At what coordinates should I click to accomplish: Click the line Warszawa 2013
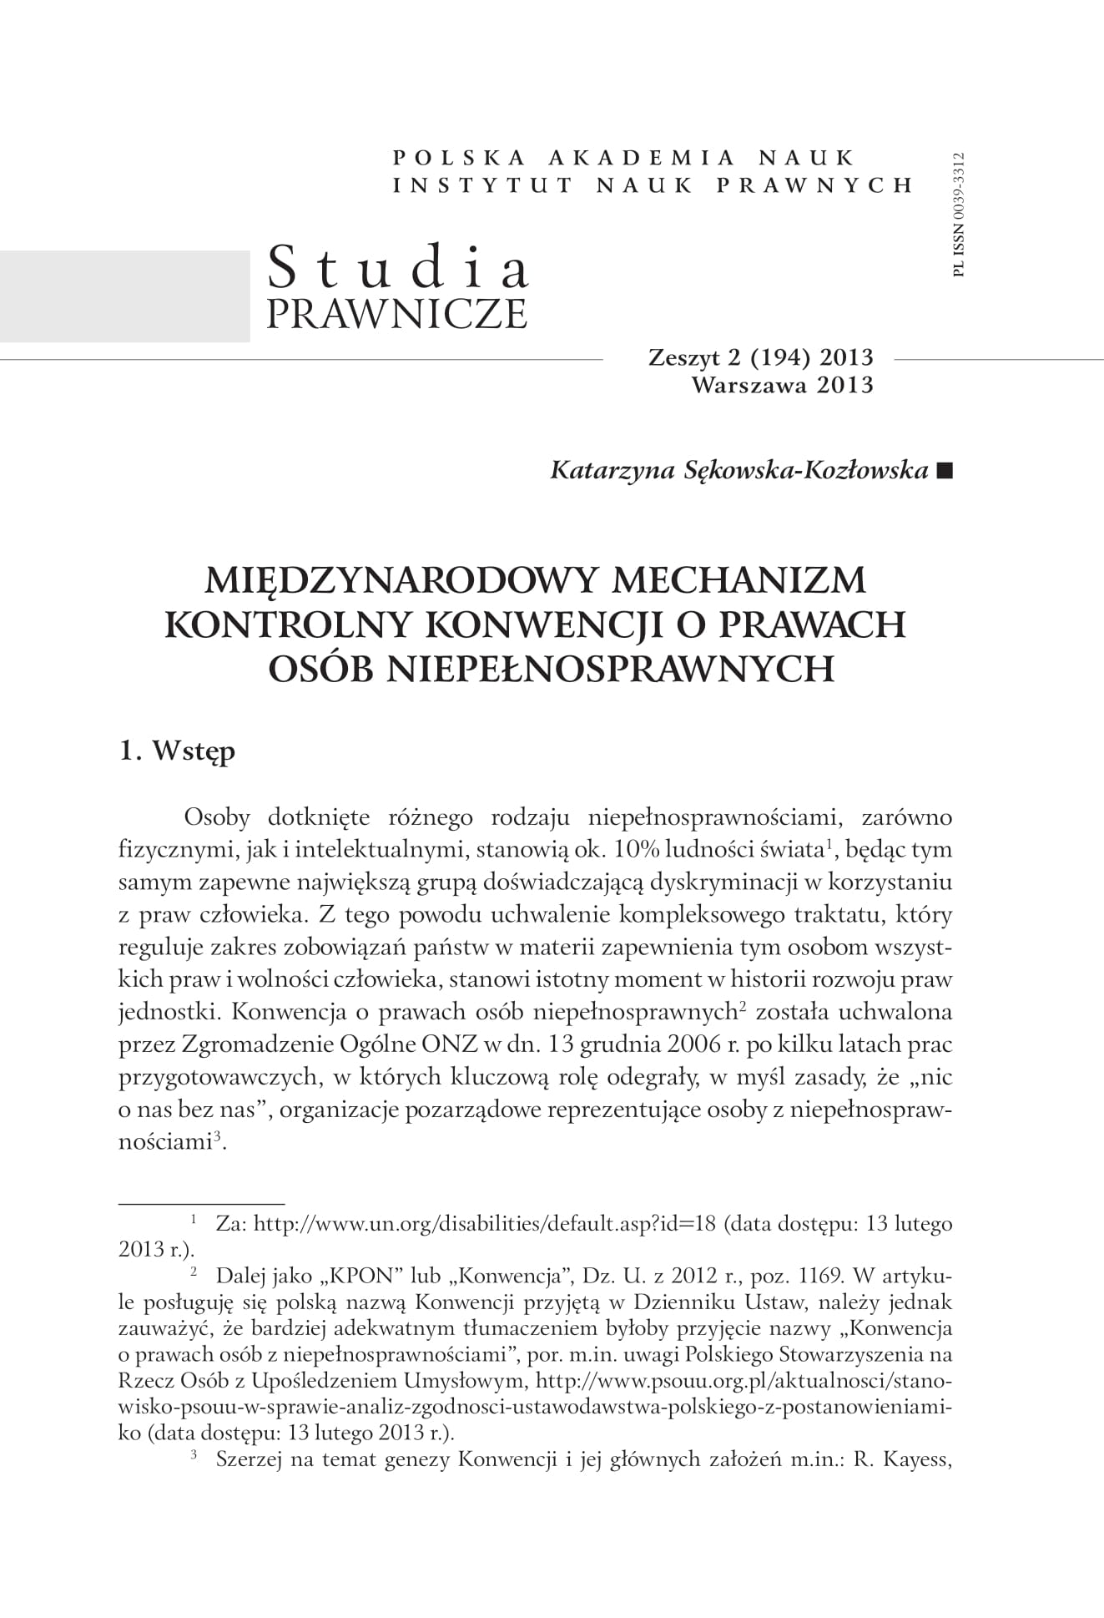tap(782, 385)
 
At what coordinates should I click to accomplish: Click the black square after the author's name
tap(944, 471)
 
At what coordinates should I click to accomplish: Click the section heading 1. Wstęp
tap(178, 751)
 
